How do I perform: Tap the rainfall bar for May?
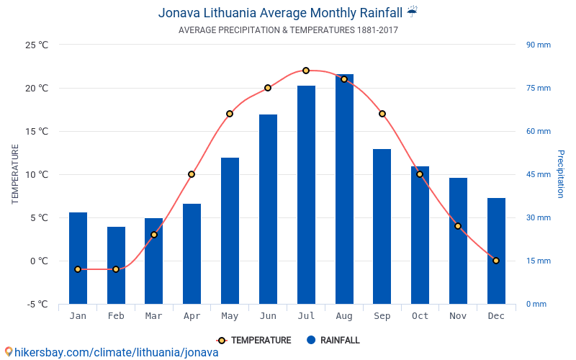(x=230, y=230)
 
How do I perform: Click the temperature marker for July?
(x=306, y=71)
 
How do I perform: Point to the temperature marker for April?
(x=192, y=174)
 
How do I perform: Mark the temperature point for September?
(x=382, y=114)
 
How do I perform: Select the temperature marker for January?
(x=78, y=269)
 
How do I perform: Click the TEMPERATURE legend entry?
(x=254, y=341)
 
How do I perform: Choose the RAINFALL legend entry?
(x=333, y=341)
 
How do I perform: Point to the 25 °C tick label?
(x=36, y=45)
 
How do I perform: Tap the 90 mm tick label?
(x=538, y=45)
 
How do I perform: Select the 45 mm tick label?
(x=538, y=174)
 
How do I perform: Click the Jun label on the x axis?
(x=268, y=316)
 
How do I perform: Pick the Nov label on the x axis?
(x=458, y=316)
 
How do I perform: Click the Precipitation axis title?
(x=560, y=174)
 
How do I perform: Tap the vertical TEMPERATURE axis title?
(x=15, y=174)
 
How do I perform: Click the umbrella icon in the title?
(x=412, y=12)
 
